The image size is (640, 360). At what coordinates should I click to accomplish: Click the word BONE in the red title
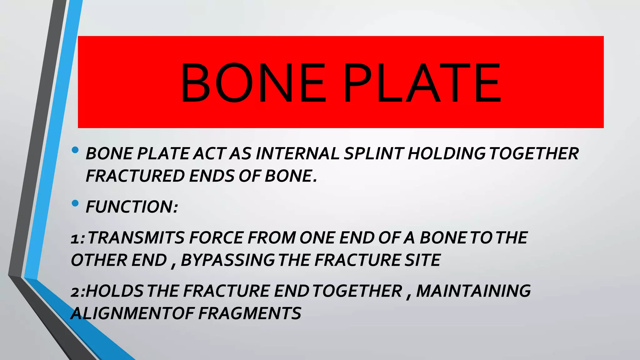253,82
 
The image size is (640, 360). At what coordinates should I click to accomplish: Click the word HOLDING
447,154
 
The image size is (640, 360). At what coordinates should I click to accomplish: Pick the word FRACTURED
135,176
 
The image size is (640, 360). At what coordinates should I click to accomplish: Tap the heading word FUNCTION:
132,207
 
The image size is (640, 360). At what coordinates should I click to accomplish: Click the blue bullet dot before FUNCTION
75,203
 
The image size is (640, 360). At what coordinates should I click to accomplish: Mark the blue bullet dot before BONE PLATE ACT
75,150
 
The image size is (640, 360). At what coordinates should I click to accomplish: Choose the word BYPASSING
227,260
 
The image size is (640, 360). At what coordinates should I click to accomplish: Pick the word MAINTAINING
473,291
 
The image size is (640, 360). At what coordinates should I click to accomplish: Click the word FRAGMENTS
250,313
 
